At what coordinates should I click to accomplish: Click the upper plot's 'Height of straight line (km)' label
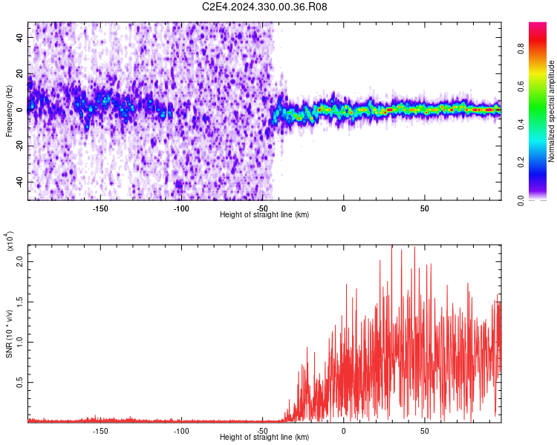click(x=264, y=214)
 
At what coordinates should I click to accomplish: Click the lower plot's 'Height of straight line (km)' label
click(x=264, y=437)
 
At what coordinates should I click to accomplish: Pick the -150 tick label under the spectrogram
click(x=100, y=208)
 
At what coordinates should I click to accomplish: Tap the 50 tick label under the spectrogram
click(x=423, y=208)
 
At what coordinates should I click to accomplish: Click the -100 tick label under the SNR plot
click(x=180, y=431)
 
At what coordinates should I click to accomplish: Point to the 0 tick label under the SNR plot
click(x=343, y=431)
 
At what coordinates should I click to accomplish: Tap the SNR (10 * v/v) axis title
click(x=9, y=333)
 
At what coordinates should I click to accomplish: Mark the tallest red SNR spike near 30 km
click(x=391, y=248)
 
